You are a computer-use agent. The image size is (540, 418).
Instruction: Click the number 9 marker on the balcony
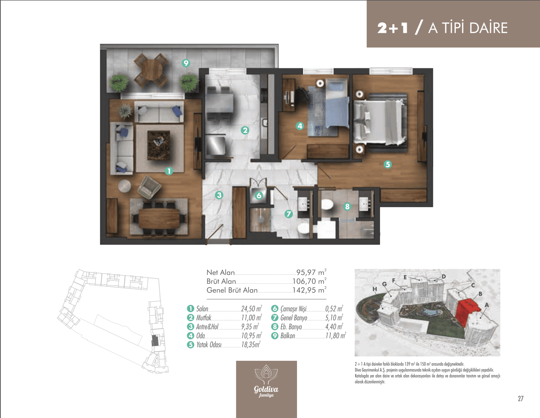coord(186,63)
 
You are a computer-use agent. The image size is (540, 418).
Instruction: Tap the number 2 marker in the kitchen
coord(245,130)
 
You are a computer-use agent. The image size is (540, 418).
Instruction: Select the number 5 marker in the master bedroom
coord(388,164)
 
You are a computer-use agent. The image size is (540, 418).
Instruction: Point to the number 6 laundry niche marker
coord(259,195)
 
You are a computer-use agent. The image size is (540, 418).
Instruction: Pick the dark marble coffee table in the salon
coord(159,145)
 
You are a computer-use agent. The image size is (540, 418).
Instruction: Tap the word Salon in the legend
coord(202,309)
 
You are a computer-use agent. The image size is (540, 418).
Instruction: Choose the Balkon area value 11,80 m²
coord(336,336)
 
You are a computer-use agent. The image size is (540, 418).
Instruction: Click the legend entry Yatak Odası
coord(209,345)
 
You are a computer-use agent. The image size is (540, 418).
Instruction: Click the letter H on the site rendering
coord(374,289)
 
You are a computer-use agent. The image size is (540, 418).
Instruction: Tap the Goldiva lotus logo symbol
coord(266,374)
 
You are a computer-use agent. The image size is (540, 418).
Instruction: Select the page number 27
coord(521,399)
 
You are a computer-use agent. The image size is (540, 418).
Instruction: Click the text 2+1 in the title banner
coord(392,28)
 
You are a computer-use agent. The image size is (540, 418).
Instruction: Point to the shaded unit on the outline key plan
coord(155,341)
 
